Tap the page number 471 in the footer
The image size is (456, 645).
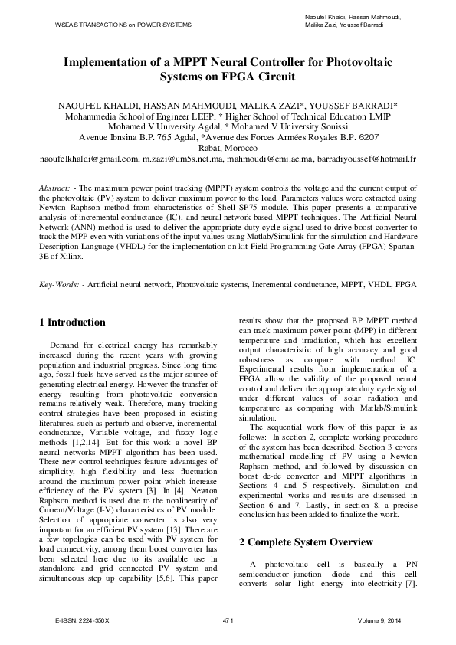227,620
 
